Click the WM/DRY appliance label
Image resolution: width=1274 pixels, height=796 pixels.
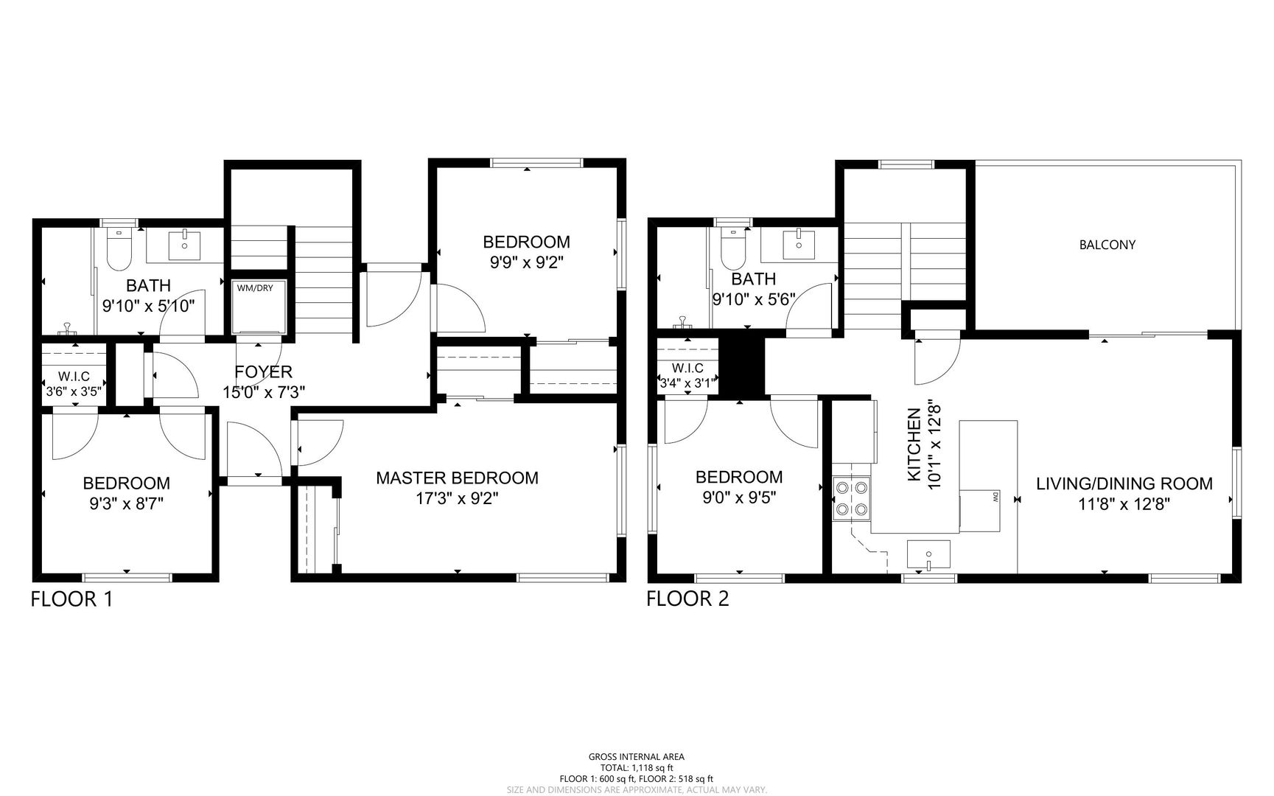(255, 287)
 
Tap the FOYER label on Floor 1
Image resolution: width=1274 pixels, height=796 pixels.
(264, 372)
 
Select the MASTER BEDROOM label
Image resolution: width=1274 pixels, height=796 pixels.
(457, 478)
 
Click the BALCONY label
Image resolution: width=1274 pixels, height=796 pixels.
(1107, 245)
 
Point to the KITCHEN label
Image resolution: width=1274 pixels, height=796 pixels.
(914, 445)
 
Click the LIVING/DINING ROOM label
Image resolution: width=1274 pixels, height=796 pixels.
(1124, 483)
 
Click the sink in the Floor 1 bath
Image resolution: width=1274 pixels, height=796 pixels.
(185, 245)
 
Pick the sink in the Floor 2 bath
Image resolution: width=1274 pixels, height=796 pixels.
(799, 243)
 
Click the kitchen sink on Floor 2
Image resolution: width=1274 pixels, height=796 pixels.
(928, 555)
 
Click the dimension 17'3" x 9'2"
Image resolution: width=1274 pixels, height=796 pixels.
(457, 499)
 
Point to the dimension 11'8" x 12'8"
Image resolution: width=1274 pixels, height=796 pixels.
(1124, 504)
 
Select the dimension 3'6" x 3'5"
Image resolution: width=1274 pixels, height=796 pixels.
(74, 391)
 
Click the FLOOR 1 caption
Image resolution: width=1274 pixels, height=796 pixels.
(72, 598)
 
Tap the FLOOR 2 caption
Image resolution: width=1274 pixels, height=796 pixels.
(687, 598)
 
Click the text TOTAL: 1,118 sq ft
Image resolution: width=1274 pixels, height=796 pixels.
(637, 768)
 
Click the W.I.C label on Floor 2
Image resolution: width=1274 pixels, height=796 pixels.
(687, 369)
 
